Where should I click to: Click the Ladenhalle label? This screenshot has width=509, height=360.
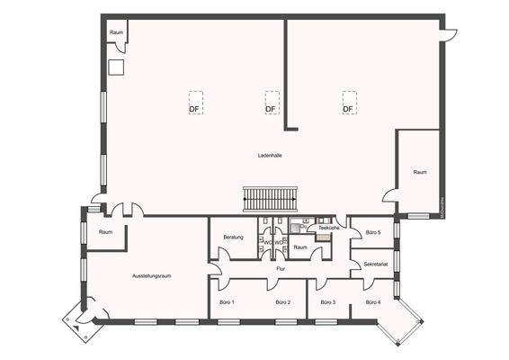270,155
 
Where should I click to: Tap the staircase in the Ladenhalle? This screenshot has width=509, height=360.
270,198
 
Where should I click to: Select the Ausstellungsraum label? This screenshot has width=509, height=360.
151,275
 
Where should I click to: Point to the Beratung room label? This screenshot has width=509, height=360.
234,237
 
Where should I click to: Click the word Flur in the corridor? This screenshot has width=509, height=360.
281,269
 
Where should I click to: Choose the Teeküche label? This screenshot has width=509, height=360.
329,229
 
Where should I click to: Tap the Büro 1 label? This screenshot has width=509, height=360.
227,302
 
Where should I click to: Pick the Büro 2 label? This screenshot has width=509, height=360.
283,302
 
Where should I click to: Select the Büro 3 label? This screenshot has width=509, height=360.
327,302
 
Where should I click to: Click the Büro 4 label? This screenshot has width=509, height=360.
372,302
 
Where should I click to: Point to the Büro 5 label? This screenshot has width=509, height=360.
373,233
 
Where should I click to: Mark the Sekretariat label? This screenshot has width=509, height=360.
375,265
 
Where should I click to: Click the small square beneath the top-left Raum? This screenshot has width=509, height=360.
115,66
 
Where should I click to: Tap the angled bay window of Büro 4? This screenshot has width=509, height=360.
399,321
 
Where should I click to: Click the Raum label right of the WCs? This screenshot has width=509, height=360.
300,247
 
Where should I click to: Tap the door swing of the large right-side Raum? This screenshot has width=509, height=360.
389,196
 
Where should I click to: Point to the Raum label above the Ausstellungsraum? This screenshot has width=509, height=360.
106,232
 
